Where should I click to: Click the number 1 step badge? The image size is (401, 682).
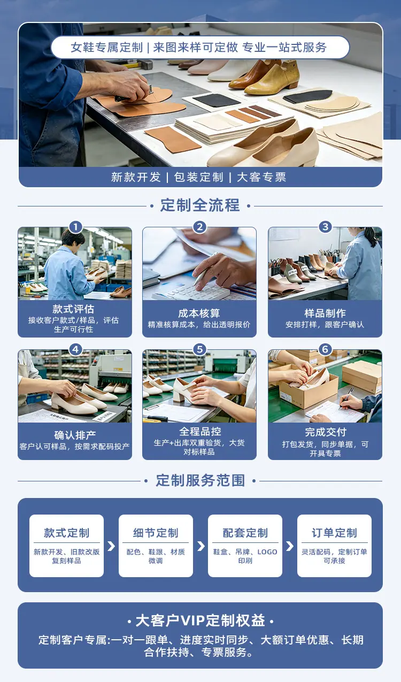(76, 227)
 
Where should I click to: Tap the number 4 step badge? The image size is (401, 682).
(76, 349)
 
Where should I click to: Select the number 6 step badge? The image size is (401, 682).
(325, 349)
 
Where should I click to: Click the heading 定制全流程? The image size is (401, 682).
(200, 205)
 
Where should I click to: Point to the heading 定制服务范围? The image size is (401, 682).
(200, 480)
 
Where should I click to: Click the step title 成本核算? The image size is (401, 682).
(199, 313)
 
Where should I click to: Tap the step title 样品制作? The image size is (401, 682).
(325, 313)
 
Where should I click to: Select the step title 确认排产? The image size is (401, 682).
(75, 435)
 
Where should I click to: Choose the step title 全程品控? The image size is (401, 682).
(200, 432)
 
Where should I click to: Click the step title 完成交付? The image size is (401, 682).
(325, 432)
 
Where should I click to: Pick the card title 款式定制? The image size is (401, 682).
(66, 533)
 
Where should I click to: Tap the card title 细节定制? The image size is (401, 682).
(156, 533)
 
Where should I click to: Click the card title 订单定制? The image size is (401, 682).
(334, 533)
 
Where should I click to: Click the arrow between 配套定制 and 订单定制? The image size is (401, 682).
(290, 546)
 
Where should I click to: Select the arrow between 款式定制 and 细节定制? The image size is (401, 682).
(111, 546)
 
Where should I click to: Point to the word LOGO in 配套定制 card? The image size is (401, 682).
(267, 552)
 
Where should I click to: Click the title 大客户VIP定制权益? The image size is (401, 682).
(200, 621)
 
